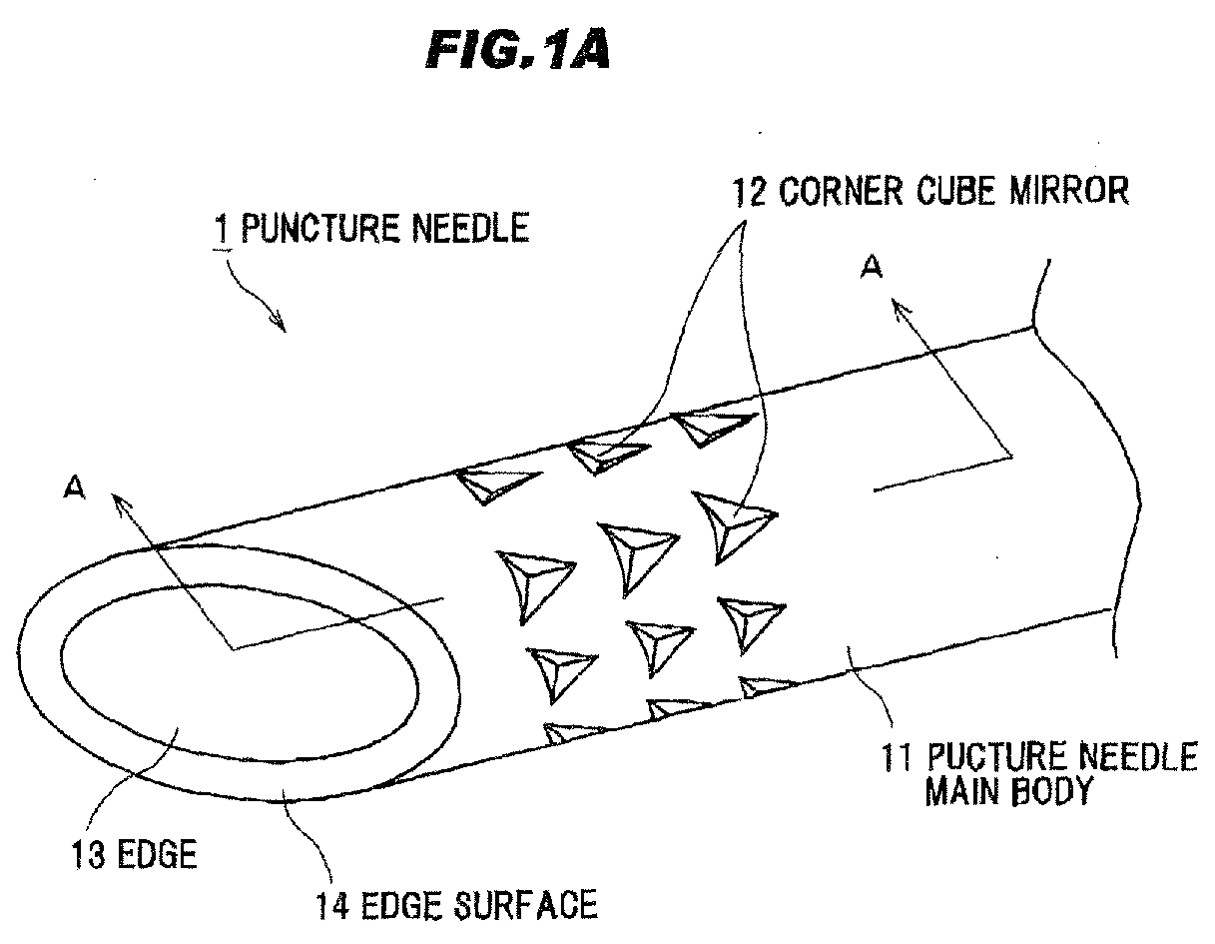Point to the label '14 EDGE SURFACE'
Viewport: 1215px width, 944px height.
point(456,905)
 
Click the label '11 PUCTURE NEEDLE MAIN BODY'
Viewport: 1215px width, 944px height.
point(1038,774)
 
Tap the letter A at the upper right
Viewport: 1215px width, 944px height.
point(872,268)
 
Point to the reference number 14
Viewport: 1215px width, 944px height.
point(330,905)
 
